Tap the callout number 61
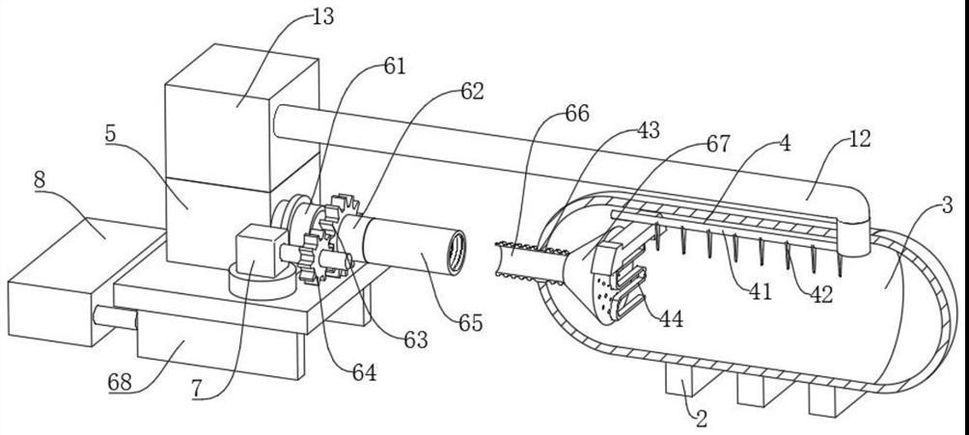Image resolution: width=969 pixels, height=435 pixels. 394,67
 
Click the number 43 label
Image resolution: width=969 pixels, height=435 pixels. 648,131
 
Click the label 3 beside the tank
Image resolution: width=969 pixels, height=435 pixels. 946,204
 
